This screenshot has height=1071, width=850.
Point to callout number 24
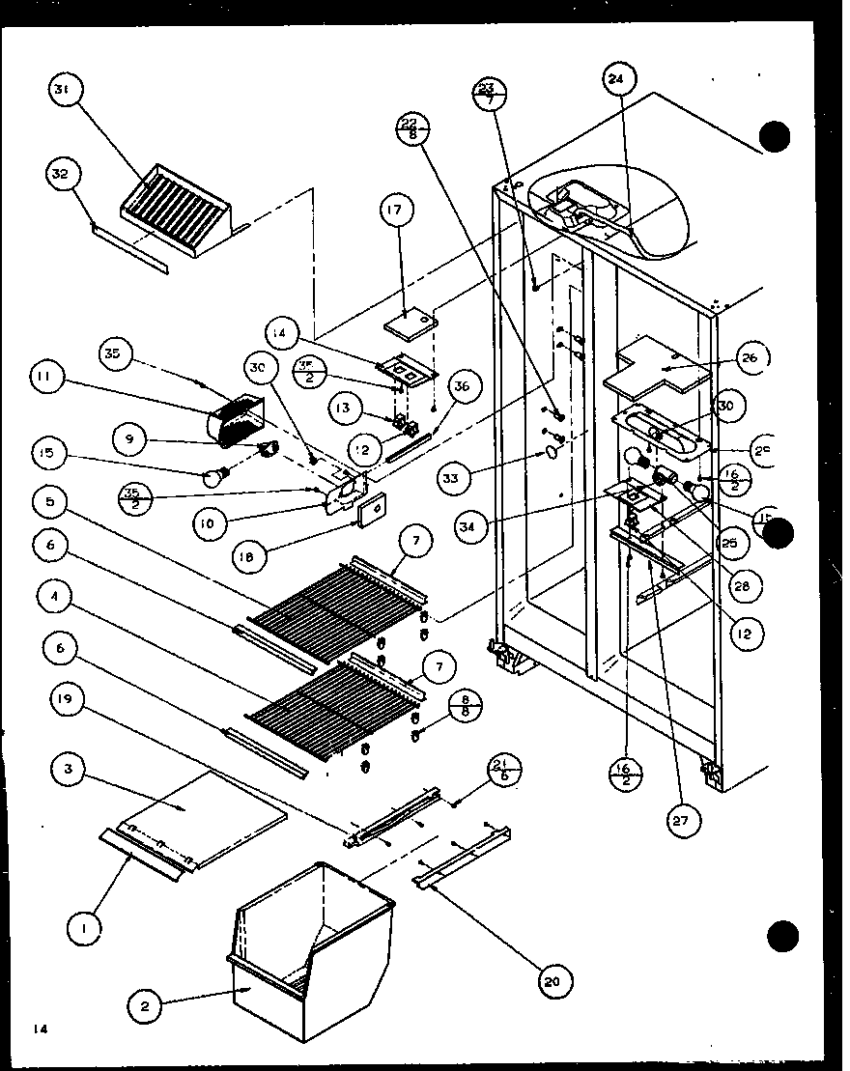tap(618, 81)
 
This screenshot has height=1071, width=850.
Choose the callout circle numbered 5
tap(49, 502)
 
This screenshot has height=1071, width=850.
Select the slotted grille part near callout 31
tap(177, 208)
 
